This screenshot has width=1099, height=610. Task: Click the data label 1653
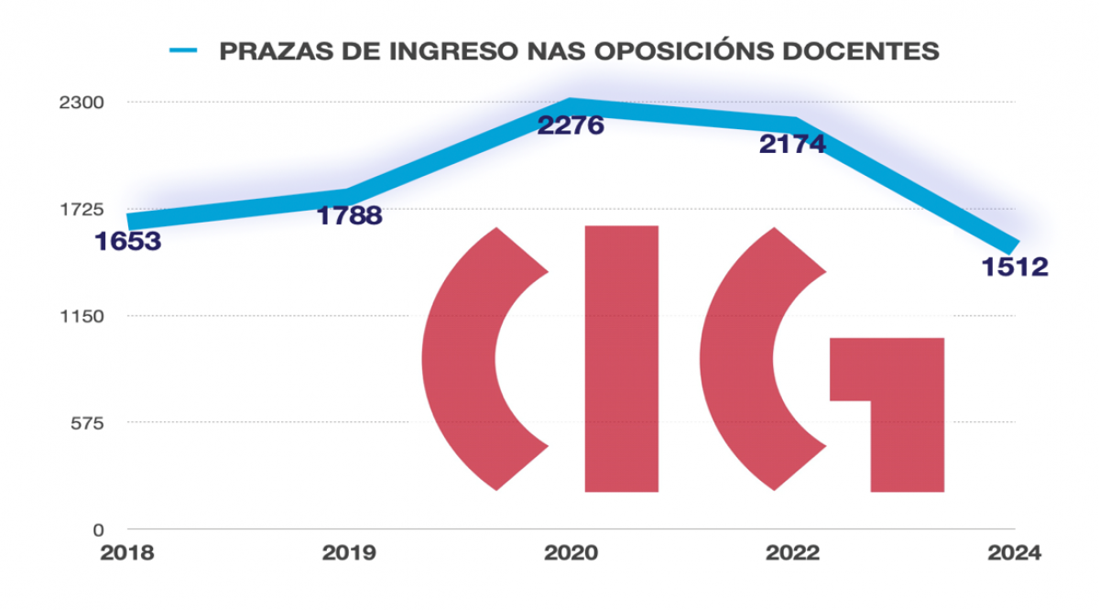[x=128, y=242]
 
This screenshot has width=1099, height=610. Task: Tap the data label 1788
[x=349, y=216]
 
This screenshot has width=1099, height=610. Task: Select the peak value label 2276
[x=571, y=125]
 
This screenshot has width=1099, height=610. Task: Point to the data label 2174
[x=792, y=144]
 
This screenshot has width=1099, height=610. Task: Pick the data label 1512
[x=1014, y=267]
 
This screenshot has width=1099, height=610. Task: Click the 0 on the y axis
[x=95, y=529]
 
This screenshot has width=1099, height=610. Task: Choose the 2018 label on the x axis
[x=128, y=554]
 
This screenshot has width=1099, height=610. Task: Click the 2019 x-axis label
[x=349, y=554]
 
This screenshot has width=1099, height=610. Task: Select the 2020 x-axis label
[x=571, y=554]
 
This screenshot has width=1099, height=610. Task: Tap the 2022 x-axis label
[x=792, y=554]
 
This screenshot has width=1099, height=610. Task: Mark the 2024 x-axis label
[x=1014, y=554]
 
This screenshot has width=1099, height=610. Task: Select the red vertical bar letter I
[x=621, y=358]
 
